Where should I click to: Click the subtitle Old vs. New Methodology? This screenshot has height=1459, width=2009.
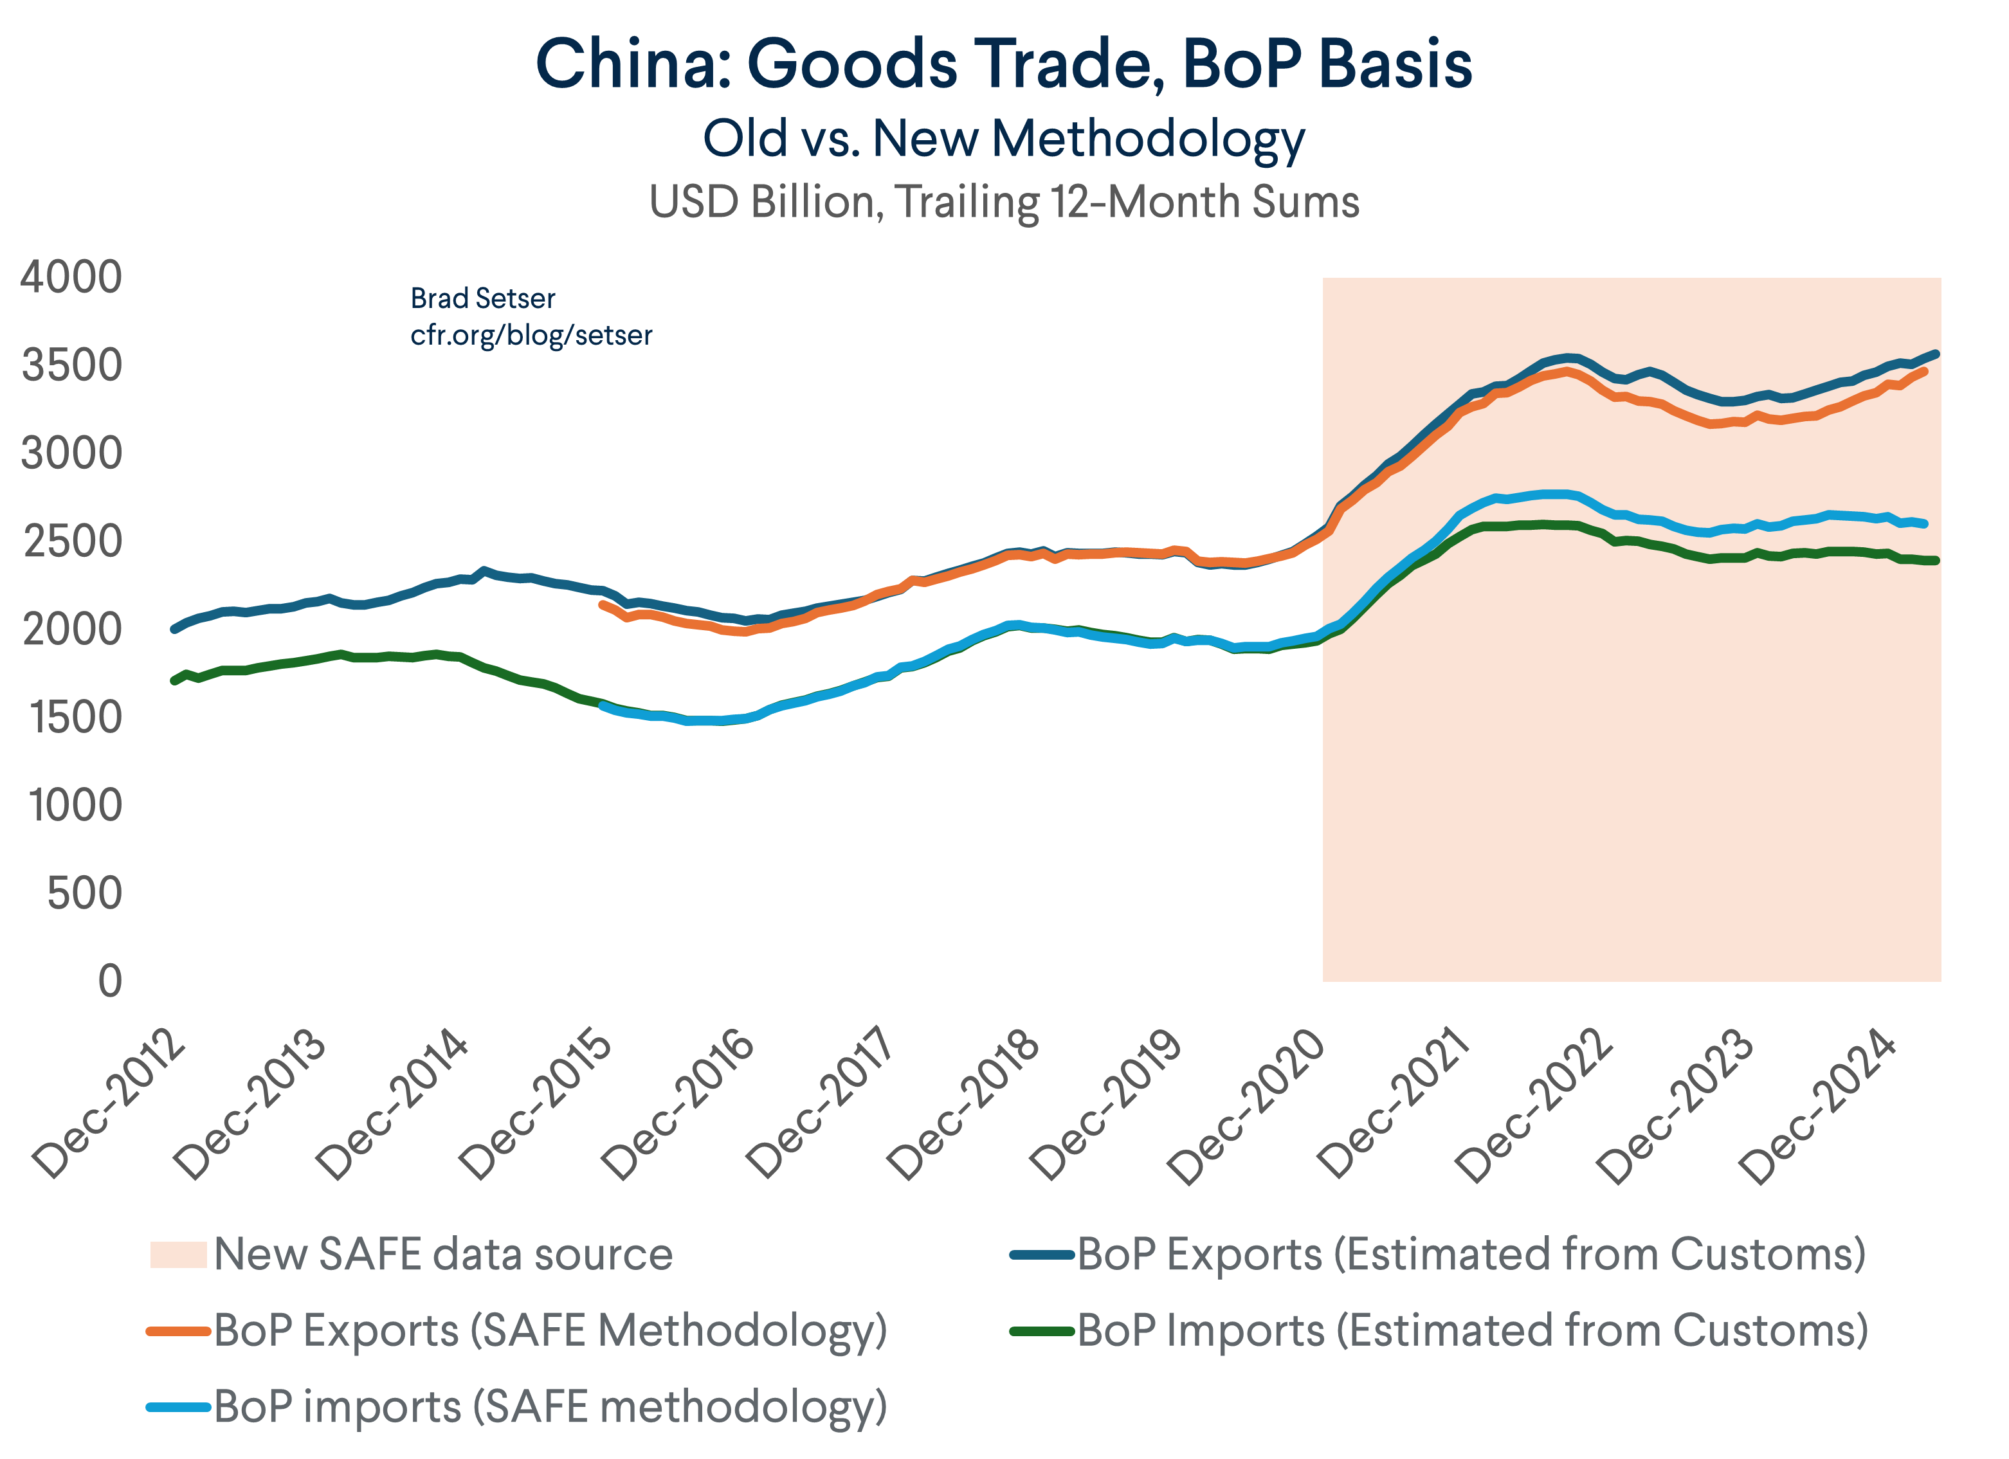click(1004, 139)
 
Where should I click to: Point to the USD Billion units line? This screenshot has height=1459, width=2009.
click(1004, 202)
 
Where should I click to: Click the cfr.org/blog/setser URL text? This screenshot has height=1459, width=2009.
click(531, 336)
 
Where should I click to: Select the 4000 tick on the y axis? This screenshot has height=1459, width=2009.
click(71, 277)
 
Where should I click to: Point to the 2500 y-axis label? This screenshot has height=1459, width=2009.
click(71, 541)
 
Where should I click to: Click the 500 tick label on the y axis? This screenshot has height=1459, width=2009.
click(84, 893)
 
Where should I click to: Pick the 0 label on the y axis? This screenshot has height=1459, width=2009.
click(110, 981)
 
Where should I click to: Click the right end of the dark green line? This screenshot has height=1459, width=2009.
click(1936, 560)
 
